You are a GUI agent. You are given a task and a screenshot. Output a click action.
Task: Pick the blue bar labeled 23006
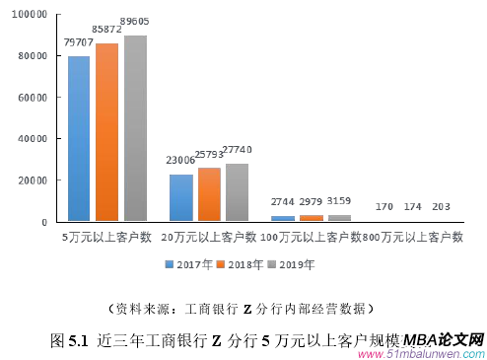pos(180,197)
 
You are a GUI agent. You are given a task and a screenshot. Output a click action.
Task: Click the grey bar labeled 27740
pos(237,192)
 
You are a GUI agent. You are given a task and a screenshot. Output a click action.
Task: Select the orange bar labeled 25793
pos(209,194)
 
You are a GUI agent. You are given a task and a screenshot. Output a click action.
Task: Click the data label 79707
pos(79,43)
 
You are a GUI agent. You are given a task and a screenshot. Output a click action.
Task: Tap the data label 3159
pos(339,203)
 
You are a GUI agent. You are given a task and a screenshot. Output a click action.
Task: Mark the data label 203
pos(441,206)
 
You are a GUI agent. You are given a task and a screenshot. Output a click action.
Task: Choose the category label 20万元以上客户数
pos(209,238)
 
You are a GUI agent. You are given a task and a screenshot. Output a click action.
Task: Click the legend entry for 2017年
pos(187,264)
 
